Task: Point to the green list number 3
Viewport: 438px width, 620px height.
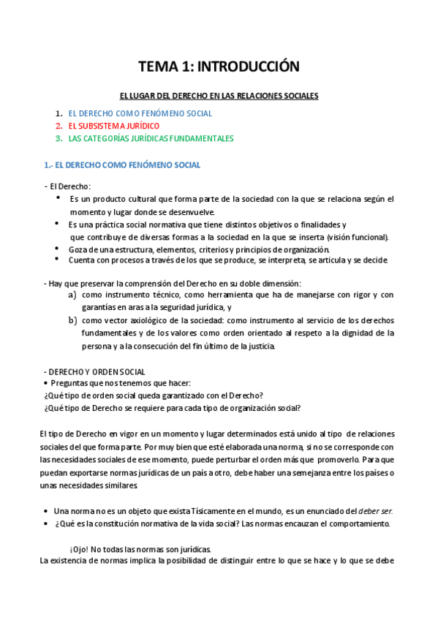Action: coord(58,138)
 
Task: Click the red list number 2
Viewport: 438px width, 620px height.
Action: coord(58,126)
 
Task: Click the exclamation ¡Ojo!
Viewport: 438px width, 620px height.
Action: coord(80,548)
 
